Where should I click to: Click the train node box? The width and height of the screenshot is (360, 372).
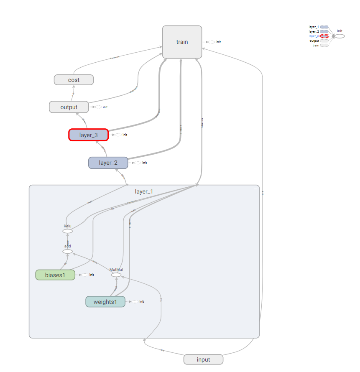182,42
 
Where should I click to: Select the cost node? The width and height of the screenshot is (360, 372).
74,79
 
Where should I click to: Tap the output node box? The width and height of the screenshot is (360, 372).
69,107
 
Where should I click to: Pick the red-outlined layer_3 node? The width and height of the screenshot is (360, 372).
89,135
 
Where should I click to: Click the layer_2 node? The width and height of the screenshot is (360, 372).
108,163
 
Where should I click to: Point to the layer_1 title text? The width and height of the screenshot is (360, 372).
144,191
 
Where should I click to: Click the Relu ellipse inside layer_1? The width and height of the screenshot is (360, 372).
67,231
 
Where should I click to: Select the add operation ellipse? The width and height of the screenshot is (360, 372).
67,251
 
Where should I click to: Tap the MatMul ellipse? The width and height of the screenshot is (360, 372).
116,275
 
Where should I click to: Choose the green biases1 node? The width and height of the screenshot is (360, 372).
55,275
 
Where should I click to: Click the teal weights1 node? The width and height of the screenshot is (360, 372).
105,302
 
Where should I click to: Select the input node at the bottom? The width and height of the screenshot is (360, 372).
203,359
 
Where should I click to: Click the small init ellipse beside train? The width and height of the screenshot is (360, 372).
212,42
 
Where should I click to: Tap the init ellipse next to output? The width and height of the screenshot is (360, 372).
98,107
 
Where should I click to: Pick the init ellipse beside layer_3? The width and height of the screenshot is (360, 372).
118,135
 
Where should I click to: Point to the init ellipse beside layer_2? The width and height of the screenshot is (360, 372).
138,163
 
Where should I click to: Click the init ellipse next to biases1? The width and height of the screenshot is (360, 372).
85,275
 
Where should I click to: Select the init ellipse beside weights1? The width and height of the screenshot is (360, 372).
135,301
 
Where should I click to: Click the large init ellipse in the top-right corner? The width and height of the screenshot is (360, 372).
340,36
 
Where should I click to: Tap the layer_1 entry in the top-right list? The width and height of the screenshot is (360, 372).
314,27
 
